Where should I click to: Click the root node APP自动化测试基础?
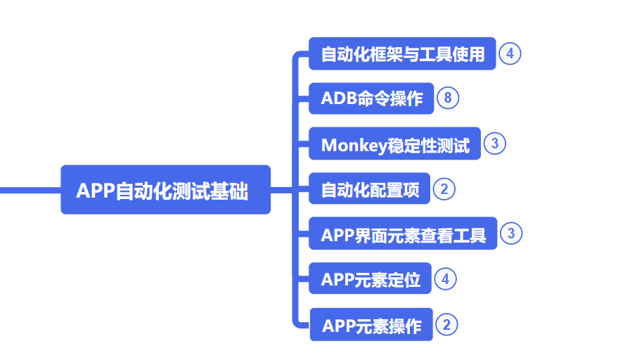coord(165,190)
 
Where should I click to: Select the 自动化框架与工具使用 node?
coord(402,54)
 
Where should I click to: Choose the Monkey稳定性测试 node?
coord(394,144)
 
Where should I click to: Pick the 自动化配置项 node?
coord(369,189)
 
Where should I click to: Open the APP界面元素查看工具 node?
coord(403,234)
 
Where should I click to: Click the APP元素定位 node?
coord(370,279)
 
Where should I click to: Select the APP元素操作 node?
coord(371,326)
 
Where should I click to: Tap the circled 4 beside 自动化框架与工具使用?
coord(510,53)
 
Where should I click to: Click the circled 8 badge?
coord(448,98)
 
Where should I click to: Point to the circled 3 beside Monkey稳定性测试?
coord(495,143)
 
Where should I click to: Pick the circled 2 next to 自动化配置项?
coord(444,188)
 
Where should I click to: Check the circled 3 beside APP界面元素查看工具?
coord(511,233)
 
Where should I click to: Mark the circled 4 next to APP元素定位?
coord(445,279)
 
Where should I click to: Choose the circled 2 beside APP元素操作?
coord(446,325)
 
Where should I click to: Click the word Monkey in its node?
coord(349,145)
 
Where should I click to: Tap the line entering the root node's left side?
coord(28,190)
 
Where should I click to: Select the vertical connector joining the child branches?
coord(294,211)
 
